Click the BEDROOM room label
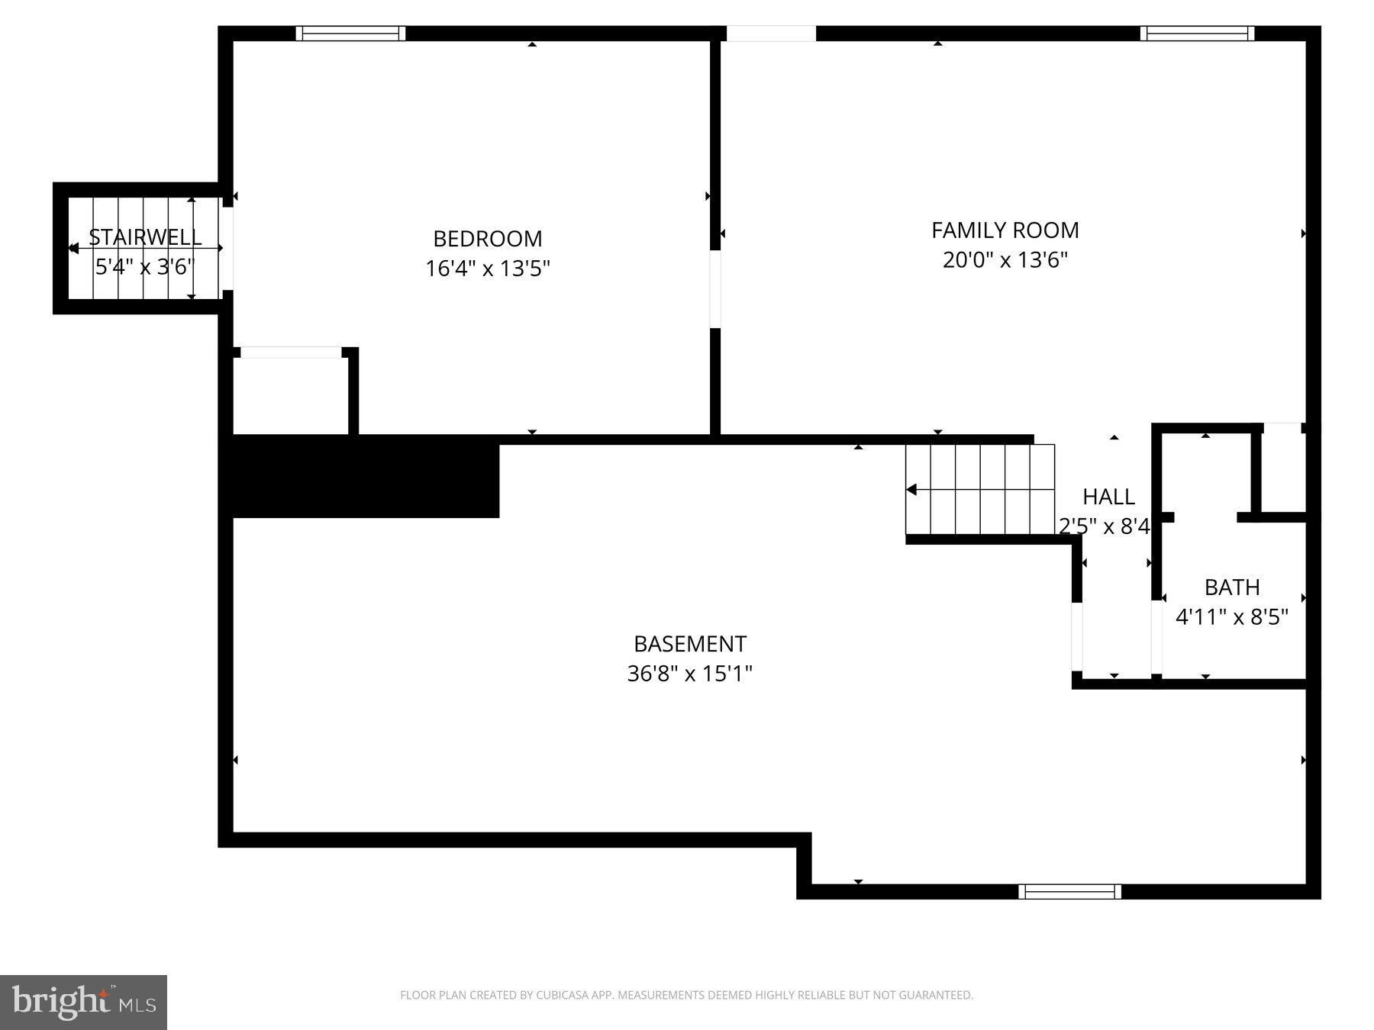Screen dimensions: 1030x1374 [487, 239]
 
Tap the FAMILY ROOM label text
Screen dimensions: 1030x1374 [1005, 230]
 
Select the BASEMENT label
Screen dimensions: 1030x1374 [689, 644]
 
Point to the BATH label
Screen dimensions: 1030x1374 [1231, 587]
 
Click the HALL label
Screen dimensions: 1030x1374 [1108, 497]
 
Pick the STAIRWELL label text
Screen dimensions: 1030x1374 [145, 237]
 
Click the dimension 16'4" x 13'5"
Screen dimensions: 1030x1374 [487, 269]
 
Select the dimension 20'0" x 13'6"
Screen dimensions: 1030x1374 [1005, 260]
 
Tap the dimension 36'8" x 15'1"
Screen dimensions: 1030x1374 [689, 674]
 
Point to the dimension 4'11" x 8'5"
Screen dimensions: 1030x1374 [1231, 616]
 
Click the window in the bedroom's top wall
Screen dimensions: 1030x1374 [350, 33]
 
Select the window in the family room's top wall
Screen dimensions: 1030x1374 [1197, 33]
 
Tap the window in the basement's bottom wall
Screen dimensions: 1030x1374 [1069, 891]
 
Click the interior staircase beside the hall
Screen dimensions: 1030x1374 [980, 489]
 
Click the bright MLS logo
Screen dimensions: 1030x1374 [83, 1002]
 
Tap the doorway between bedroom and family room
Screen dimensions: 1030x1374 [715, 289]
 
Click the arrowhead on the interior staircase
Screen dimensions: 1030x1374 [911, 489]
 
